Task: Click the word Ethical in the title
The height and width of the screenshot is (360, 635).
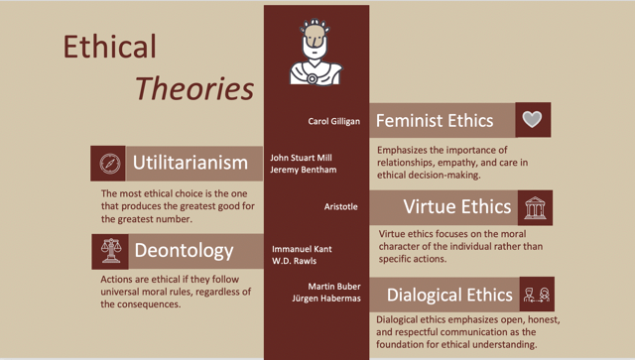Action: pos(109,47)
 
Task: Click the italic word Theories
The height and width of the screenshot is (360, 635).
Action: pos(194,88)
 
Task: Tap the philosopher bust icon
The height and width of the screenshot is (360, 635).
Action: pos(316,52)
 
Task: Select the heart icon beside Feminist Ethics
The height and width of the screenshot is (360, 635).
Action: pos(532,119)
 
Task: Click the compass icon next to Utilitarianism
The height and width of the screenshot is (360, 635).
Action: pos(110,164)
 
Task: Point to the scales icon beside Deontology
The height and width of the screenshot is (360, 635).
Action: pos(111,251)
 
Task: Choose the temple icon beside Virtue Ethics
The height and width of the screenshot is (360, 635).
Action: pos(535,207)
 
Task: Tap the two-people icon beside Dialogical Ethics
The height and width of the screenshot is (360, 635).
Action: pos(537,295)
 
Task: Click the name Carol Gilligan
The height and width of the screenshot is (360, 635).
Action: pos(333,121)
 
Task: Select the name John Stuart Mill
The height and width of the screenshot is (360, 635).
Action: pos(301,158)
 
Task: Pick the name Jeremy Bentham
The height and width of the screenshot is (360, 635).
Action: pos(304,170)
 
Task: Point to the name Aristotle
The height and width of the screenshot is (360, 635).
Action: pos(341,207)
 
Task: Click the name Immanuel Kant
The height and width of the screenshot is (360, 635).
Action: pos(302,249)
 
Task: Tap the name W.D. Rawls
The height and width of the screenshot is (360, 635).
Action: pos(294,261)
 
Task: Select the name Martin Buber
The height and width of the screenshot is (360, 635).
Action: pos(334,287)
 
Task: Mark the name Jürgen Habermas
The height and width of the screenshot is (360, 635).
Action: pos(326,299)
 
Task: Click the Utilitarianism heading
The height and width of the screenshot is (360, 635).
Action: pos(190,163)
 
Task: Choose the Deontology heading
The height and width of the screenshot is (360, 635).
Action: pos(184,251)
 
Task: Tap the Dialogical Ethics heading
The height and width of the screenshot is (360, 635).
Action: pos(449,295)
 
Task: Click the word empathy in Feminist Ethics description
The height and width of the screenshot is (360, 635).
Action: pos(452,163)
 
